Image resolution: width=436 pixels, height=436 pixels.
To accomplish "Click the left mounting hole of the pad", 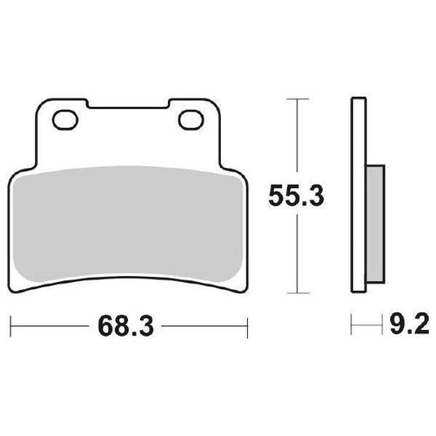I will pos(62,122).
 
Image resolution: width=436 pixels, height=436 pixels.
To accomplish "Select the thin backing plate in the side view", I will pos(356,196).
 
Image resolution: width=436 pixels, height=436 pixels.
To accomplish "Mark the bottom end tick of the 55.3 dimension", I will pos(298,292).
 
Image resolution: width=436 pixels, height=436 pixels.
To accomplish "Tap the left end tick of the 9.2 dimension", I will pos(352,329).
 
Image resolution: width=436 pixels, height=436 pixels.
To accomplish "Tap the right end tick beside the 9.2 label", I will pos(381,329).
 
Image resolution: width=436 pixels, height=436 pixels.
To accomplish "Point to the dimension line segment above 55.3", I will pos(298,139).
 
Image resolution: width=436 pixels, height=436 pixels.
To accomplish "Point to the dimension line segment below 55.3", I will pos(298,253).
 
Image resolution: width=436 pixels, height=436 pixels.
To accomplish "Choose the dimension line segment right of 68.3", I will pos(204,329).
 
